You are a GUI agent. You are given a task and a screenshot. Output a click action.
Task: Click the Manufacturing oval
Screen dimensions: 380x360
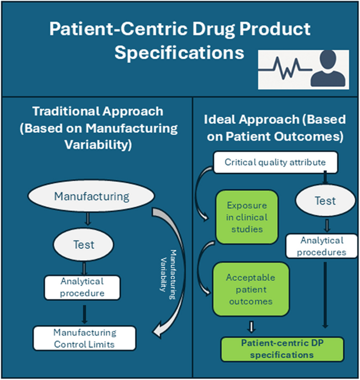tap(92, 197)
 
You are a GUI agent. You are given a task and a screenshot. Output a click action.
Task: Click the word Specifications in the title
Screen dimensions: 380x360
tap(180, 54)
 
